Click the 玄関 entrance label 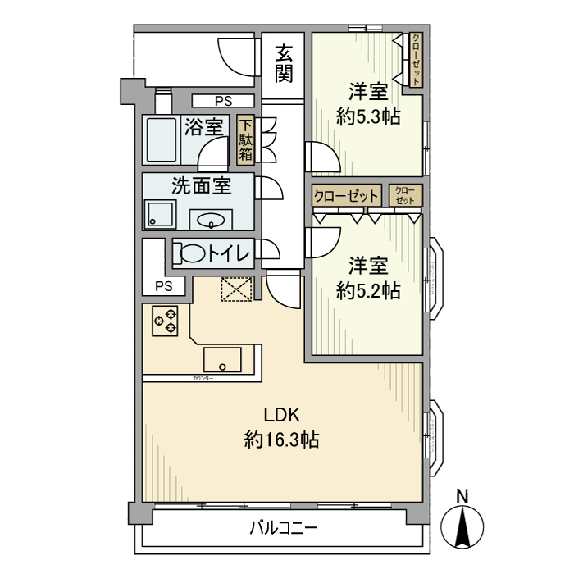(x=284, y=64)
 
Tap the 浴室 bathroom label (x=204, y=127)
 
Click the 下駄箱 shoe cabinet (x=245, y=140)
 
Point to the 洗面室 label (x=201, y=185)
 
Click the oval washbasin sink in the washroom (x=212, y=220)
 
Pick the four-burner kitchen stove (x=166, y=319)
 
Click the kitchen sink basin (x=222, y=360)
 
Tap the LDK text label (x=280, y=414)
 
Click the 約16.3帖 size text (x=281, y=440)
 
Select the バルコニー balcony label (x=283, y=527)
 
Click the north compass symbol (x=462, y=522)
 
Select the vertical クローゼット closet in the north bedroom (x=417, y=60)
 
